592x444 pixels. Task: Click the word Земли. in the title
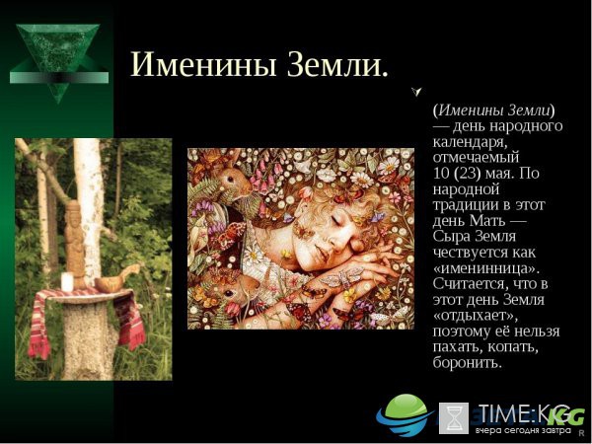[337, 64]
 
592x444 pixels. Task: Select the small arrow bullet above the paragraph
[416, 92]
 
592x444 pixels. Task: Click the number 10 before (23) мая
[441, 173]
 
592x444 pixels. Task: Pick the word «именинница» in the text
[486, 268]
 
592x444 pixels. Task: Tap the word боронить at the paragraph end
[468, 363]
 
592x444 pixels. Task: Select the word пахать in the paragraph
[457, 347]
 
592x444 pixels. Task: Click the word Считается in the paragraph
[468, 283]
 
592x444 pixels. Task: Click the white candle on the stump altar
[67, 282]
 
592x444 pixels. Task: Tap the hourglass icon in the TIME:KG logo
[454, 417]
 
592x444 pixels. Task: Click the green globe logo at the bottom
[405, 414]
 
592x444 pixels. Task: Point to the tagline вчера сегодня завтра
[523, 431]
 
